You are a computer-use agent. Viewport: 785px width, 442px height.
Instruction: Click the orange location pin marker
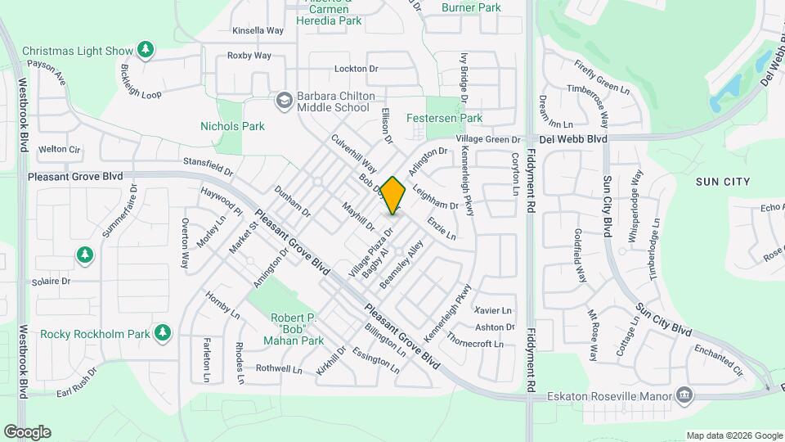pyautogui.click(x=393, y=196)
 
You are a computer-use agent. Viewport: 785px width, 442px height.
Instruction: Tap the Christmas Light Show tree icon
pyautogui.click(x=146, y=50)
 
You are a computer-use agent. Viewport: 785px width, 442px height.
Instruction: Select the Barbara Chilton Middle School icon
pyautogui.click(x=285, y=101)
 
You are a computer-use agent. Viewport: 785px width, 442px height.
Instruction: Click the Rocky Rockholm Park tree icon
pyautogui.click(x=164, y=332)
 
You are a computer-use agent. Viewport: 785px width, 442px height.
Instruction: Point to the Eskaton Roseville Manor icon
pyautogui.click(x=685, y=396)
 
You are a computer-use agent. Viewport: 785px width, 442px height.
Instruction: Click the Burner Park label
pyautogui.click(x=470, y=7)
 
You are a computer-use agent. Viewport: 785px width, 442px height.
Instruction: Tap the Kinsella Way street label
pyautogui.click(x=258, y=30)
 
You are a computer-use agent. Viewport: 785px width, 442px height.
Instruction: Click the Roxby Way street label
pyautogui.click(x=249, y=56)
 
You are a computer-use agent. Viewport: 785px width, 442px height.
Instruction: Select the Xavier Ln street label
pyautogui.click(x=493, y=310)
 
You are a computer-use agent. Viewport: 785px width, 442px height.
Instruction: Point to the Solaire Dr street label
pyautogui.click(x=52, y=282)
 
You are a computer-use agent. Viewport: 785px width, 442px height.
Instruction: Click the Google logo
pyautogui.click(x=27, y=432)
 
